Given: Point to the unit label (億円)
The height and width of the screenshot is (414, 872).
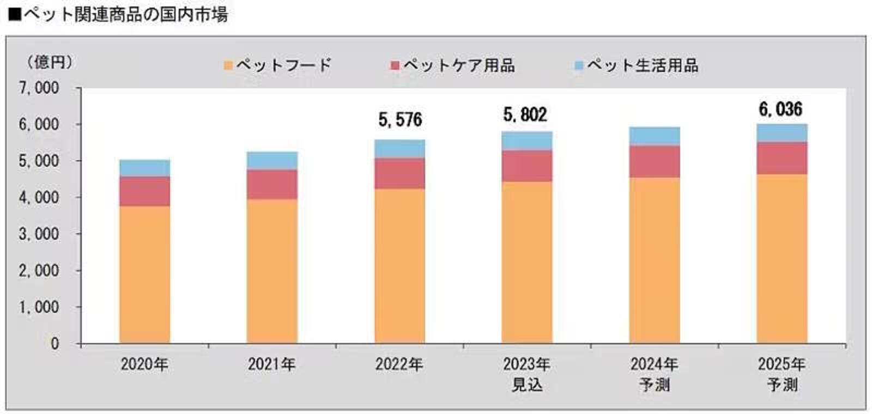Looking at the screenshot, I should pos(49,62).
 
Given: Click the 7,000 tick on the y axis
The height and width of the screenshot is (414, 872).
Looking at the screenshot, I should pos(39,88).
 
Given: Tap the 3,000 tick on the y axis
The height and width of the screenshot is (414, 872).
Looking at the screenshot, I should pos(39,234).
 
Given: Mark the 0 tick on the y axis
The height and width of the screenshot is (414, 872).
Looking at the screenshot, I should pos(55,343).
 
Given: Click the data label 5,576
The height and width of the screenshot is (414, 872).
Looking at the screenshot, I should pos(400,120).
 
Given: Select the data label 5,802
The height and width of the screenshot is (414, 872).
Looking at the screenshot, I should pos(525,115).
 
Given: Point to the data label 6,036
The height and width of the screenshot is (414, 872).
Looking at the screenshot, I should pos(780,109).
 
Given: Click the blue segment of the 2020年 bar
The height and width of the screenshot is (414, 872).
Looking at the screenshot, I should pos(144,168).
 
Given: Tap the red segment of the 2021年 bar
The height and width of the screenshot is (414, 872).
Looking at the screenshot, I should pos(272,184).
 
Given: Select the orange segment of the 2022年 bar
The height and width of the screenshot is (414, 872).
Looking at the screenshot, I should pos(399,266).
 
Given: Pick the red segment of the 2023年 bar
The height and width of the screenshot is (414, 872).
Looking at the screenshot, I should pos(526,166).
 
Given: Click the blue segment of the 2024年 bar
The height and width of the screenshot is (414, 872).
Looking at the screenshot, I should pos(654,136).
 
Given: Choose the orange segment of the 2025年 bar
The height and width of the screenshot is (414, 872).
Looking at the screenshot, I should pos(782,259).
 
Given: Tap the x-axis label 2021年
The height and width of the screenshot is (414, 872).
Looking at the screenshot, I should pos(271,364).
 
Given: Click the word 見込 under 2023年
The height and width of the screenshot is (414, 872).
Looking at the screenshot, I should pos(526,385).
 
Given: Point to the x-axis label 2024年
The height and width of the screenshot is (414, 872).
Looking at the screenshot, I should pos(654,364).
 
